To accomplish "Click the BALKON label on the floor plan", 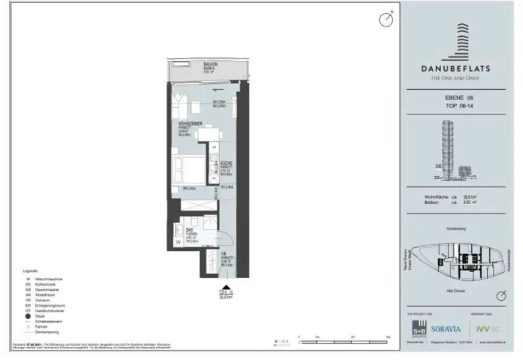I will (x=210, y=64).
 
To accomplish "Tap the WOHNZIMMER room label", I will (x=184, y=123).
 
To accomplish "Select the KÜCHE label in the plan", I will (x=226, y=162).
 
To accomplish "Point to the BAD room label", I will (x=188, y=230).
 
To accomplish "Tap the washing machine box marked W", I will (x=179, y=243).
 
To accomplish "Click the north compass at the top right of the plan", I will (x=386, y=19).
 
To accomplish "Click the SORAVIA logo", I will (x=445, y=329).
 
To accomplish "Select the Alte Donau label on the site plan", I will (x=454, y=289).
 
